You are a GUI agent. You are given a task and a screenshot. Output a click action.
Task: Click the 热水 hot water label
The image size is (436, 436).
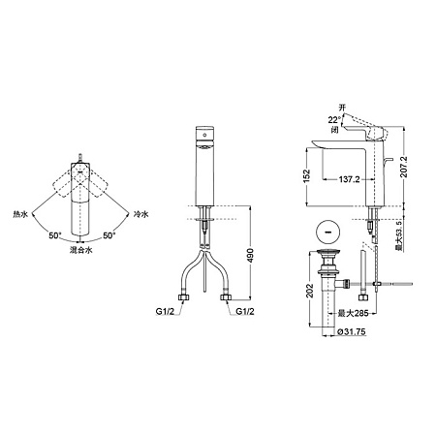[x=21, y=212]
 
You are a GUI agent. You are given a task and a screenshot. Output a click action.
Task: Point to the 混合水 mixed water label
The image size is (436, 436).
[x=80, y=249]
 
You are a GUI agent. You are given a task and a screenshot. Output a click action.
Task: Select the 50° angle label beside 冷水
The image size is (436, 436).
[x=109, y=234]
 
